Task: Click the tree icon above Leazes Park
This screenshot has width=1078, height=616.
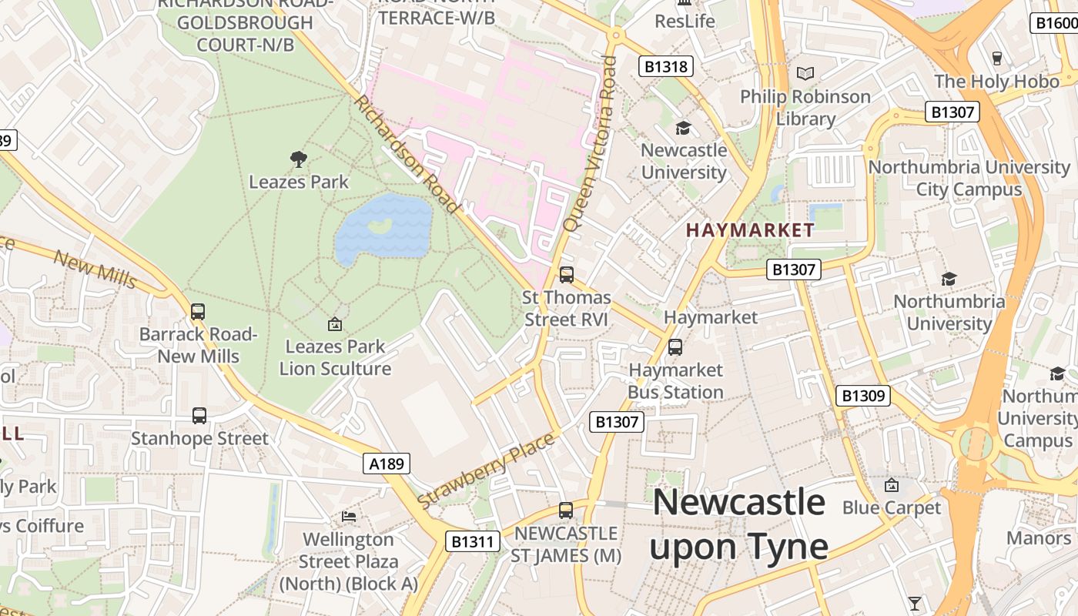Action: (x=299, y=159)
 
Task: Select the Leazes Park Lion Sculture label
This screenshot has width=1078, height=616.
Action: (x=335, y=357)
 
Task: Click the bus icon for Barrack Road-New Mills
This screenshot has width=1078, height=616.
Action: (x=198, y=312)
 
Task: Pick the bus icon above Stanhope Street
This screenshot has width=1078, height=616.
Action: (x=199, y=416)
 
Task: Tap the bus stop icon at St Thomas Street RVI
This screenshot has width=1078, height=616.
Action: (x=567, y=274)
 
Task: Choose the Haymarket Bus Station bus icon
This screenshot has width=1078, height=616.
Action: (x=675, y=347)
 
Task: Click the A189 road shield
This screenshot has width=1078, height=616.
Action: (x=387, y=464)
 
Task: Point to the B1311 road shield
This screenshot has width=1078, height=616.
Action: (x=473, y=541)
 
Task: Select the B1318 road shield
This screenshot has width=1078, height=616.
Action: (x=666, y=66)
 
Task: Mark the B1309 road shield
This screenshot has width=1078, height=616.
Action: (x=863, y=396)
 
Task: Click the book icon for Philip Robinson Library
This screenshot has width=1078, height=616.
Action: (x=805, y=74)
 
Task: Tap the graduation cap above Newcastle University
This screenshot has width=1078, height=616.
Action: (x=683, y=128)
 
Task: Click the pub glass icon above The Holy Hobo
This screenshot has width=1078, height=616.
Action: (x=997, y=59)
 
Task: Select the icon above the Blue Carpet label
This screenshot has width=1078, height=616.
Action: (x=892, y=485)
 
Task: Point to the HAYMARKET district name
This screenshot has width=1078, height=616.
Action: (x=750, y=230)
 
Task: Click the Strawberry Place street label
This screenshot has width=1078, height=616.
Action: (x=487, y=470)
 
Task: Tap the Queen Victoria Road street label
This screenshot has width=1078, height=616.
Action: (x=590, y=143)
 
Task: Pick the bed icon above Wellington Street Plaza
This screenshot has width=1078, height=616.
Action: (x=349, y=516)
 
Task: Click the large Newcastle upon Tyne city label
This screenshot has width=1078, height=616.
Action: (x=739, y=524)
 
